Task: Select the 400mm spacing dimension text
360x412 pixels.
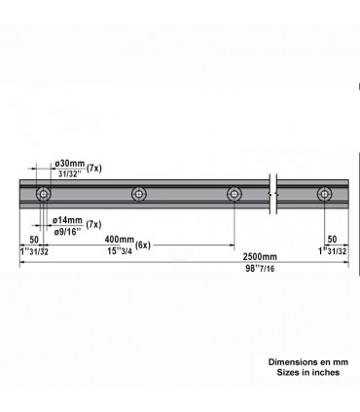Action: tap(119, 240)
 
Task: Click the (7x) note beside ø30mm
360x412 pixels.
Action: tap(95, 168)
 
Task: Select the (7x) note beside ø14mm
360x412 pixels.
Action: tap(95, 225)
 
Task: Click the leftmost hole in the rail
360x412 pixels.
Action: tap(44, 195)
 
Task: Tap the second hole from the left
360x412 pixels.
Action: tap(139, 195)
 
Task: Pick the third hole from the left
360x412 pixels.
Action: tap(234, 195)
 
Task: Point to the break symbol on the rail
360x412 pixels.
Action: tap(275, 195)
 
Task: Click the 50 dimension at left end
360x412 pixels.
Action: tap(35, 239)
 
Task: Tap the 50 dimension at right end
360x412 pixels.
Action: tap(333, 239)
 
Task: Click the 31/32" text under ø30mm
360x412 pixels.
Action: tap(70, 173)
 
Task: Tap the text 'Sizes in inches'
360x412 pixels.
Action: tap(306, 373)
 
